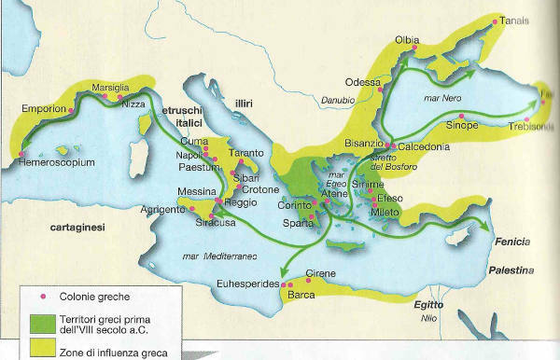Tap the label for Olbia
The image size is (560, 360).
tap(408, 40)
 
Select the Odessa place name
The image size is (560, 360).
tap(362, 81)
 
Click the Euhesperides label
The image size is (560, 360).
tap(246, 282)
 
